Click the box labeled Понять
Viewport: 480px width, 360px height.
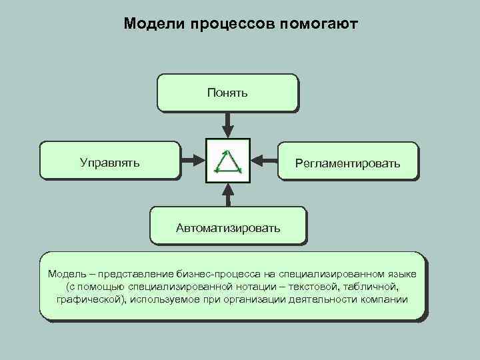pos(227,92)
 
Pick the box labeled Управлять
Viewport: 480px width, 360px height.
pos(110,161)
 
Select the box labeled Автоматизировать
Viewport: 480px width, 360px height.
pos(228,227)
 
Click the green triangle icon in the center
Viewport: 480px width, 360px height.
pos(228,160)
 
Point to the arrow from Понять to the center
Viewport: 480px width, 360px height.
pos(228,124)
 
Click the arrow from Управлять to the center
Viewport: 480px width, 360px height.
pos(192,160)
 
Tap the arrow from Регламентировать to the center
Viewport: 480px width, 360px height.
pos(264,160)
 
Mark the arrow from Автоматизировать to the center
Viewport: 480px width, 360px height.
pos(228,195)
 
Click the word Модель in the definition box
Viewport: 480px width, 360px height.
pos(66,274)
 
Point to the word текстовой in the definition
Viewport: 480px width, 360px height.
pos(317,287)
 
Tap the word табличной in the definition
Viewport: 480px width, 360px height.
pos(373,287)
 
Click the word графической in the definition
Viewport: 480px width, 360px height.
pos(90,299)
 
